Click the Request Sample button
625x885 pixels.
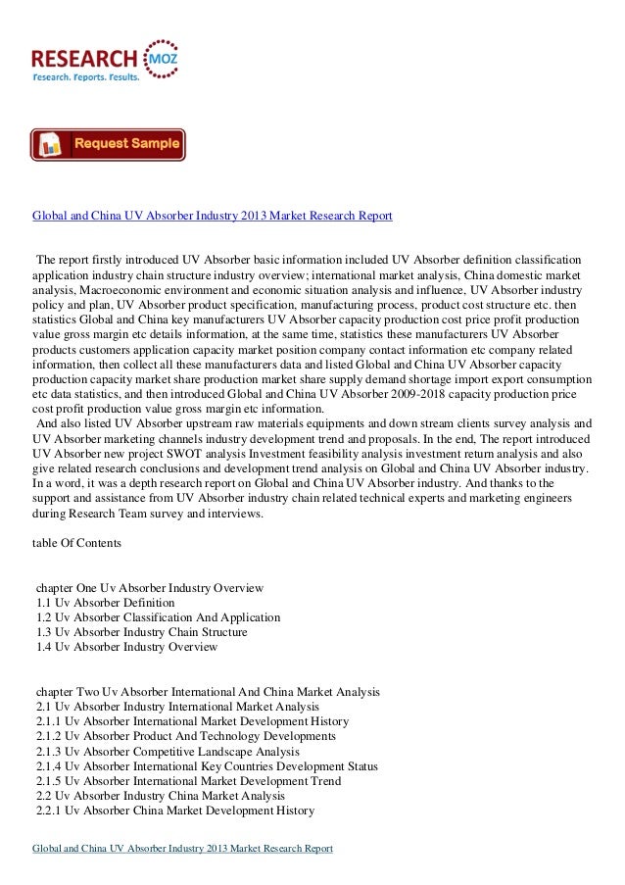[108, 144]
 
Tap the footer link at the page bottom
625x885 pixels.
[183, 847]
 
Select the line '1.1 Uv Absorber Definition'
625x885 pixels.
[105, 602]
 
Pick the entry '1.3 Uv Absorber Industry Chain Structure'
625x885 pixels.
[141, 632]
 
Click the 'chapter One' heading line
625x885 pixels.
[149, 587]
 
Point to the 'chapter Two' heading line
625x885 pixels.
[207, 691]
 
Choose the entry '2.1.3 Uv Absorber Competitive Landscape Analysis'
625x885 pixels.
[172, 751]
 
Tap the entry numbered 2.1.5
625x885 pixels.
[188, 781]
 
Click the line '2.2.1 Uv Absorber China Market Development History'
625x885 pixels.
[174, 811]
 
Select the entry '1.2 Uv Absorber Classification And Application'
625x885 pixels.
[158, 617]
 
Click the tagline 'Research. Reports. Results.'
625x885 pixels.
[86, 75]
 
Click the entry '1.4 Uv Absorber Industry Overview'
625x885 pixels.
[126, 647]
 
